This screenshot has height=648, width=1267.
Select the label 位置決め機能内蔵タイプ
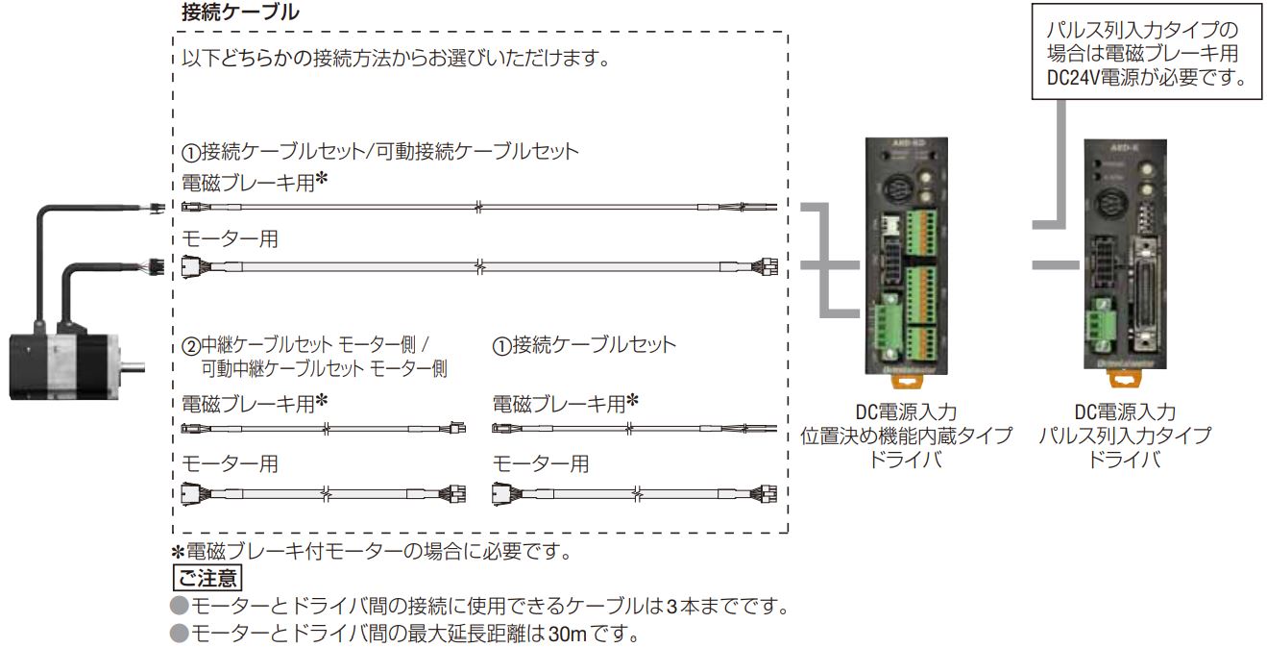[907, 436]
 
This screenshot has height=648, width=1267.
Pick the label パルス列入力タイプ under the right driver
[1125, 436]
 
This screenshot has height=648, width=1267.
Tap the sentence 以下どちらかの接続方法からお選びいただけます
[389, 59]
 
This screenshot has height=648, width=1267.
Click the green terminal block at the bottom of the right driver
[1098, 324]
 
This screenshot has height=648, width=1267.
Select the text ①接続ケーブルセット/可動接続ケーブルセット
[381, 151]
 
